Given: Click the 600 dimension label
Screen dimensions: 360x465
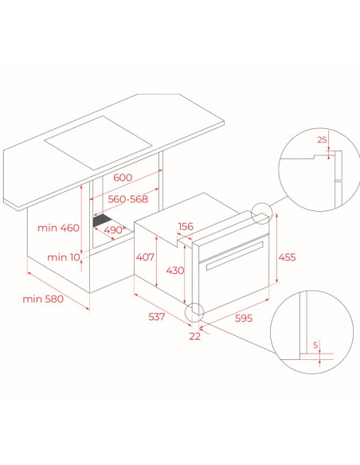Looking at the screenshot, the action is point(123,178).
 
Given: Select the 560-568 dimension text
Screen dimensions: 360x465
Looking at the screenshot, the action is point(127,199).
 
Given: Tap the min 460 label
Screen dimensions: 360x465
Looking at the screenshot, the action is point(58,228).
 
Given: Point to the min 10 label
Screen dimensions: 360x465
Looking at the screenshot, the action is point(64,257).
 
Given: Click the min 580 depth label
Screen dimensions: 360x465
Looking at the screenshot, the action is point(43,299).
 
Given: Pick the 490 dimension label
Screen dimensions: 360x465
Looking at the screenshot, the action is point(115,230).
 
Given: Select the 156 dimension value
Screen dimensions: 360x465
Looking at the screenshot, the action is point(186,226).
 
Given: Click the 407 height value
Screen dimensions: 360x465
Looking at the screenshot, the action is point(145,257).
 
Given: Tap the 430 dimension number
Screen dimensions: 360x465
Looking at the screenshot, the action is point(175,271).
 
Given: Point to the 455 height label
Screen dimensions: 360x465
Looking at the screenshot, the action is point(287,257).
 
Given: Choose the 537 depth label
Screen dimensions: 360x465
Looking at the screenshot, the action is point(156,317).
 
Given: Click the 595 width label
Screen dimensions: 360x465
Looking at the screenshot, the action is point(244,318).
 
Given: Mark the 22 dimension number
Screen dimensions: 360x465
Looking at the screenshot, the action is point(195,336).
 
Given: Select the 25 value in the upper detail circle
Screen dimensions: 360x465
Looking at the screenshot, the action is point(322,139).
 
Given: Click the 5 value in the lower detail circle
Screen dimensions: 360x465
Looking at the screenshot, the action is point(315,345).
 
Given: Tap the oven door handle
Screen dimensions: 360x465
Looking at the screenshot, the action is point(235,256).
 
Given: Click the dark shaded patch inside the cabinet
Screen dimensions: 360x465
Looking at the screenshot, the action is point(102,221).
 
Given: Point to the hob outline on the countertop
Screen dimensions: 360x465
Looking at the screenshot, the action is point(98,143).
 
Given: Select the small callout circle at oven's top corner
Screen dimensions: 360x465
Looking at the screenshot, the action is point(261,213).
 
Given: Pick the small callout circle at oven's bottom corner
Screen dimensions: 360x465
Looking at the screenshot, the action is point(194,313).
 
